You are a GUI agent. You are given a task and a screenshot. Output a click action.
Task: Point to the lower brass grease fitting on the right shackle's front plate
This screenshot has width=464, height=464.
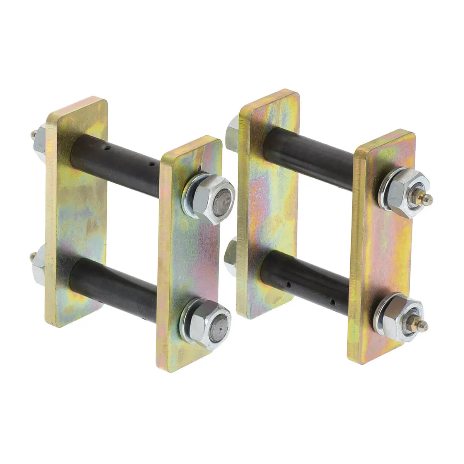pyautogui.click(x=422, y=326)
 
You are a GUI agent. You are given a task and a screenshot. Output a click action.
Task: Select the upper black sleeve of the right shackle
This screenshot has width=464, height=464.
pyautogui.click(x=309, y=157)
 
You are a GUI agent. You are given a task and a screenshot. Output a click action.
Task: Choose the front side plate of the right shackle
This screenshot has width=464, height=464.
pyautogui.click(x=381, y=251)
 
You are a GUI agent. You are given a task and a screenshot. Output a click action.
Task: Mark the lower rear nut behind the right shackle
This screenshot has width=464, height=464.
pyautogui.click(x=230, y=255)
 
